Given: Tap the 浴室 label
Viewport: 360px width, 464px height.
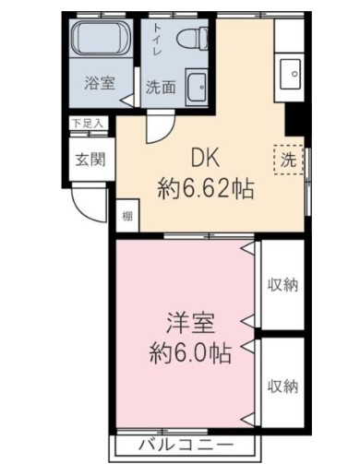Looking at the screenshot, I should tap(100, 84).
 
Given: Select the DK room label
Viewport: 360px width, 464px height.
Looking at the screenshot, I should tap(205, 158).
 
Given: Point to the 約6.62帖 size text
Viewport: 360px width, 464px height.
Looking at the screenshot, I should tap(205, 190).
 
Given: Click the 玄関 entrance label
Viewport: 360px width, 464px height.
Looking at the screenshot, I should tap(90, 158).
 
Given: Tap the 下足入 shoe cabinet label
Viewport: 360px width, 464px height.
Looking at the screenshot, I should tap(88, 122).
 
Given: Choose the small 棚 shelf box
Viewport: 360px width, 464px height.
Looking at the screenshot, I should tap(125, 218).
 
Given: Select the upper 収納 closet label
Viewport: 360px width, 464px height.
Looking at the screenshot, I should tap(282, 284).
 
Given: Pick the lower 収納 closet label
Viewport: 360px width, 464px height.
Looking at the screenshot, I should tap(282, 385).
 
